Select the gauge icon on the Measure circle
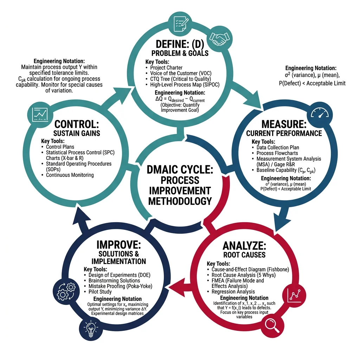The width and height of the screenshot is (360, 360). [x=319, y=114]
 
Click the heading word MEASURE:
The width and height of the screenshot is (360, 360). [x=283, y=124]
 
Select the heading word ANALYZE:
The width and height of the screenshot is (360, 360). [x=245, y=245]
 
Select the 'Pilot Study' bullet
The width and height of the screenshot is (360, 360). [x=100, y=292]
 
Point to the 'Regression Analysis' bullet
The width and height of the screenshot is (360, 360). [x=233, y=292]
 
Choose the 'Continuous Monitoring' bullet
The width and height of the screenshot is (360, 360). [x=70, y=175]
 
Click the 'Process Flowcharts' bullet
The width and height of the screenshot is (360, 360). [x=277, y=153]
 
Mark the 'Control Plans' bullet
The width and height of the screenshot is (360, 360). [x=60, y=147]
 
